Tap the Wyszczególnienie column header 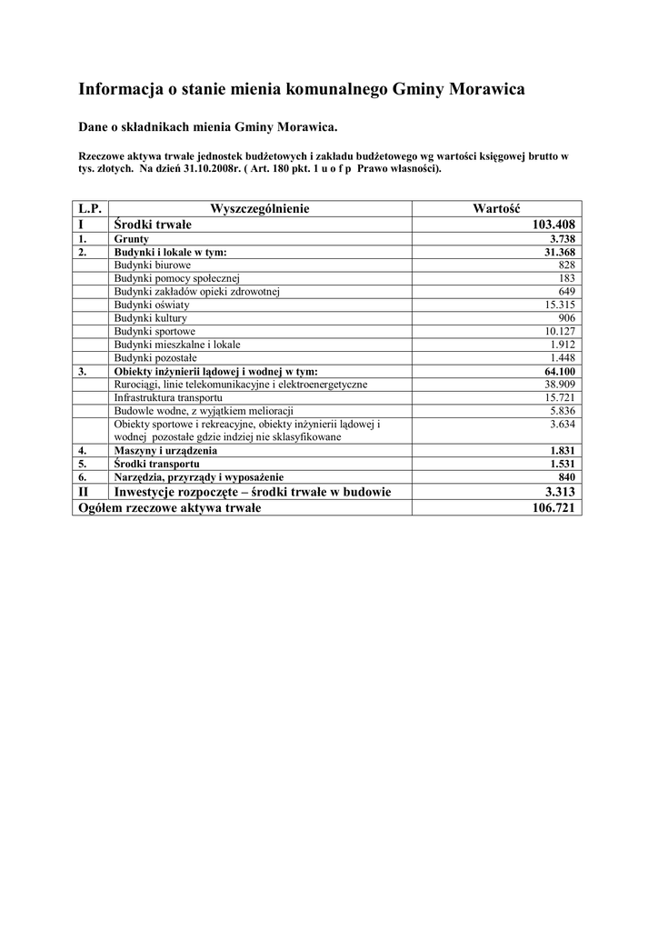260,209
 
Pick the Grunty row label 132,238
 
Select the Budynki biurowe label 153,265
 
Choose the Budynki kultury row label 150,318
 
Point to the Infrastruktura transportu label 168,398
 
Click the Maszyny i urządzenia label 165,451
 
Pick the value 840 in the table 569,477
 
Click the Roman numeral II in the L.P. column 84,492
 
